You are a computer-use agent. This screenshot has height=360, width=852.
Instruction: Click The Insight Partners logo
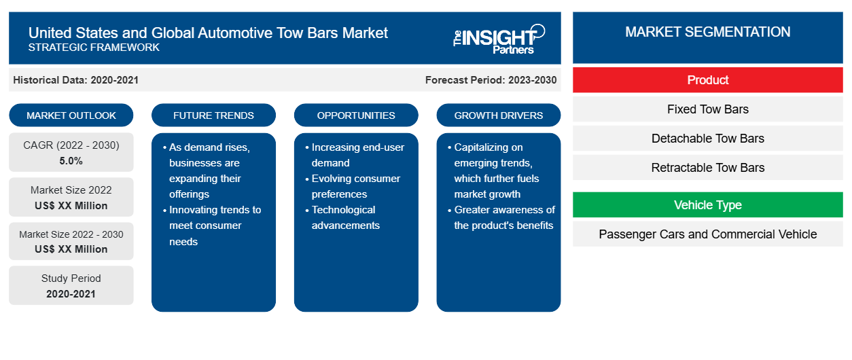(499, 39)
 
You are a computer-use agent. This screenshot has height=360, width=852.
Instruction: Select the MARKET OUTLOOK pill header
(71, 115)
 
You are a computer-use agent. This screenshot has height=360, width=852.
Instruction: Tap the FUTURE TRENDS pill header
(213, 115)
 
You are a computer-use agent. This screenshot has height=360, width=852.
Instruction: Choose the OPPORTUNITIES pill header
(356, 115)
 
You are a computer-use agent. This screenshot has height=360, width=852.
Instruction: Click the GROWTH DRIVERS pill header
(498, 115)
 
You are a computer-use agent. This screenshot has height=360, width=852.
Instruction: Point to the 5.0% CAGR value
(71, 161)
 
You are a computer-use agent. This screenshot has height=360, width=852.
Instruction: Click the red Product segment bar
(707, 80)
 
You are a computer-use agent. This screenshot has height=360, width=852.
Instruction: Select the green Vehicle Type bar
(707, 205)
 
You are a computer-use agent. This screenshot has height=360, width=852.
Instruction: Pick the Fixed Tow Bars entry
(707, 109)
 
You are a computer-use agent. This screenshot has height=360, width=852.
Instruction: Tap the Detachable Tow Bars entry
(707, 139)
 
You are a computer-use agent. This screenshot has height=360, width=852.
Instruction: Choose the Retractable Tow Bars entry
(707, 168)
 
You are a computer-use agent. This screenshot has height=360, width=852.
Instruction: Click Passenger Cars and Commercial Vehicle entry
(707, 234)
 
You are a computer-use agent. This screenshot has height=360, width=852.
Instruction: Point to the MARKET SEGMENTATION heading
(707, 32)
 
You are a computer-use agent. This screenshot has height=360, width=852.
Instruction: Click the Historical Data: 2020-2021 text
(75, 80)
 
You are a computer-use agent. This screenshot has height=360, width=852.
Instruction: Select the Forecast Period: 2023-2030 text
(491, 80)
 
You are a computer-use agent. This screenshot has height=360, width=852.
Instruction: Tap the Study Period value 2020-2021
(71, 294)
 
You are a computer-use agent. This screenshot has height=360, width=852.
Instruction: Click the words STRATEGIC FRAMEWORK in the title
(94, 48)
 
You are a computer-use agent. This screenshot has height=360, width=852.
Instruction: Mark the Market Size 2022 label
(71, 190)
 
